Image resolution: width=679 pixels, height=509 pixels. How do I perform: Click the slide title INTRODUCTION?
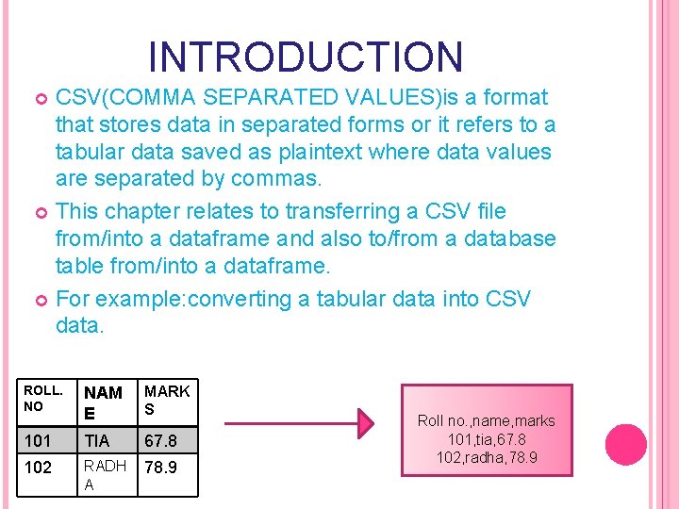point(306,57)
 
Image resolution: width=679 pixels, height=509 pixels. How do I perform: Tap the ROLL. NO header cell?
point(44,398)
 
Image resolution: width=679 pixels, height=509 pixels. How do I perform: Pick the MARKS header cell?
point(167,400)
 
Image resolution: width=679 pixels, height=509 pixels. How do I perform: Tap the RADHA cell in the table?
point(104,474)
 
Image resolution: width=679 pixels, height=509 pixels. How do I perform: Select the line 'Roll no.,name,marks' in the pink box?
point(487,420)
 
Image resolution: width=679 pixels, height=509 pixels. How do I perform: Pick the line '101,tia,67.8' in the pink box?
point(487,439)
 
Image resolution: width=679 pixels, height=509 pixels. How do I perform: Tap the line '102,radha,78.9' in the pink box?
point(487,457)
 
